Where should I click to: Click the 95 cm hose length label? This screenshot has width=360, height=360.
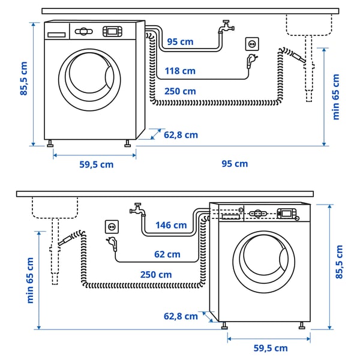click(x=180, y=41)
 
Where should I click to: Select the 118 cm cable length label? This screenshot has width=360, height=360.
click(x=180, y=71)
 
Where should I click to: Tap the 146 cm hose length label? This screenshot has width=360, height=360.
click(x=171, y=225)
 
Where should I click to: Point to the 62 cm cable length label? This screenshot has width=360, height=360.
click(x=167, y=254)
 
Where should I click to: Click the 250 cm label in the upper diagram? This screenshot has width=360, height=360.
click(x=180, y=91)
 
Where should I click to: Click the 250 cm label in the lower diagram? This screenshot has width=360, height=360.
click(x=156, y=274)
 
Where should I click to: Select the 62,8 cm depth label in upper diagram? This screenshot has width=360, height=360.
click(x=181, y=135)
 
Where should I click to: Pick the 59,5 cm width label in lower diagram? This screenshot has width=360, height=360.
click(x=269, y=348)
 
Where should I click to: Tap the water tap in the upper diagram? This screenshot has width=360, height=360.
click(x=226, y=27)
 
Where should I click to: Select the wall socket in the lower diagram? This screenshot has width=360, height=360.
click(x=112, y=226)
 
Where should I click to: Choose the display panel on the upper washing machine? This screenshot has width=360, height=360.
click(x=112, y=31)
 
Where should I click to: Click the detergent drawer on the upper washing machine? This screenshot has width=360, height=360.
click(x=56, y=34)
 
